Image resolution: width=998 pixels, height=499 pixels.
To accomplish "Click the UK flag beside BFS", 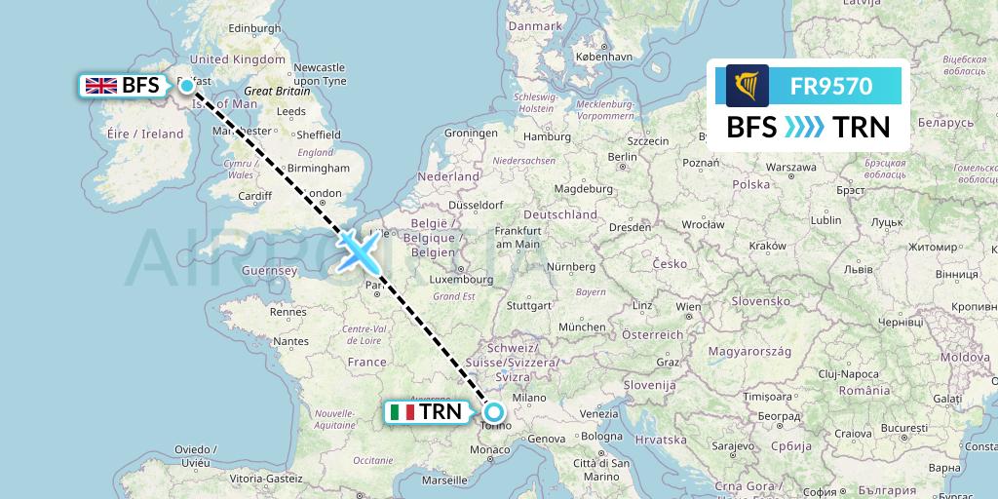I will pyautogui.click(x=101, y=86).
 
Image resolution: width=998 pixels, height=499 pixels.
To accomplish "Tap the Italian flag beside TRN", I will pyautogui.click(x=402, y=412).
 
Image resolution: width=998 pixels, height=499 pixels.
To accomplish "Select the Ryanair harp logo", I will pyautogui.click(x=748, y=86).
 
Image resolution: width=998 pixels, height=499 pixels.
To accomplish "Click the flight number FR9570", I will pyautogui.click(x=830, y=86).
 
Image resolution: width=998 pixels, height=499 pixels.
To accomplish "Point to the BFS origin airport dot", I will pyautogui.click(x=187, y=86).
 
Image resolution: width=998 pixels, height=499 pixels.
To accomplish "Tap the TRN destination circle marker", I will pyautogui.click(x=493, y=412).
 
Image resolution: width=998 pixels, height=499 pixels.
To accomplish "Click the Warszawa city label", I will pyautogui.click(x=790, y=167).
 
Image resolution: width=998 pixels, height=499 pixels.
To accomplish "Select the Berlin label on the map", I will pyautogui.click(x=622, y=156).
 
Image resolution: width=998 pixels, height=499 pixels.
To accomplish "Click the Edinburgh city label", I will pyautogui.click(x=229, y=27).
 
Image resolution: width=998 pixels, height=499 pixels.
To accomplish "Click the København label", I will pyautogui.click(x=604, y=58).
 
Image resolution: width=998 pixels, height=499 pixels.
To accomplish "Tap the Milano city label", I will pyautogui.click(x=530, y=397).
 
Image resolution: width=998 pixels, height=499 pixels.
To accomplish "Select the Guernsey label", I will pyautogui.click(x=271, y=269).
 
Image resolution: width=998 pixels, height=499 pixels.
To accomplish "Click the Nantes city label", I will pyautogui.click(x=291, y=341).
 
